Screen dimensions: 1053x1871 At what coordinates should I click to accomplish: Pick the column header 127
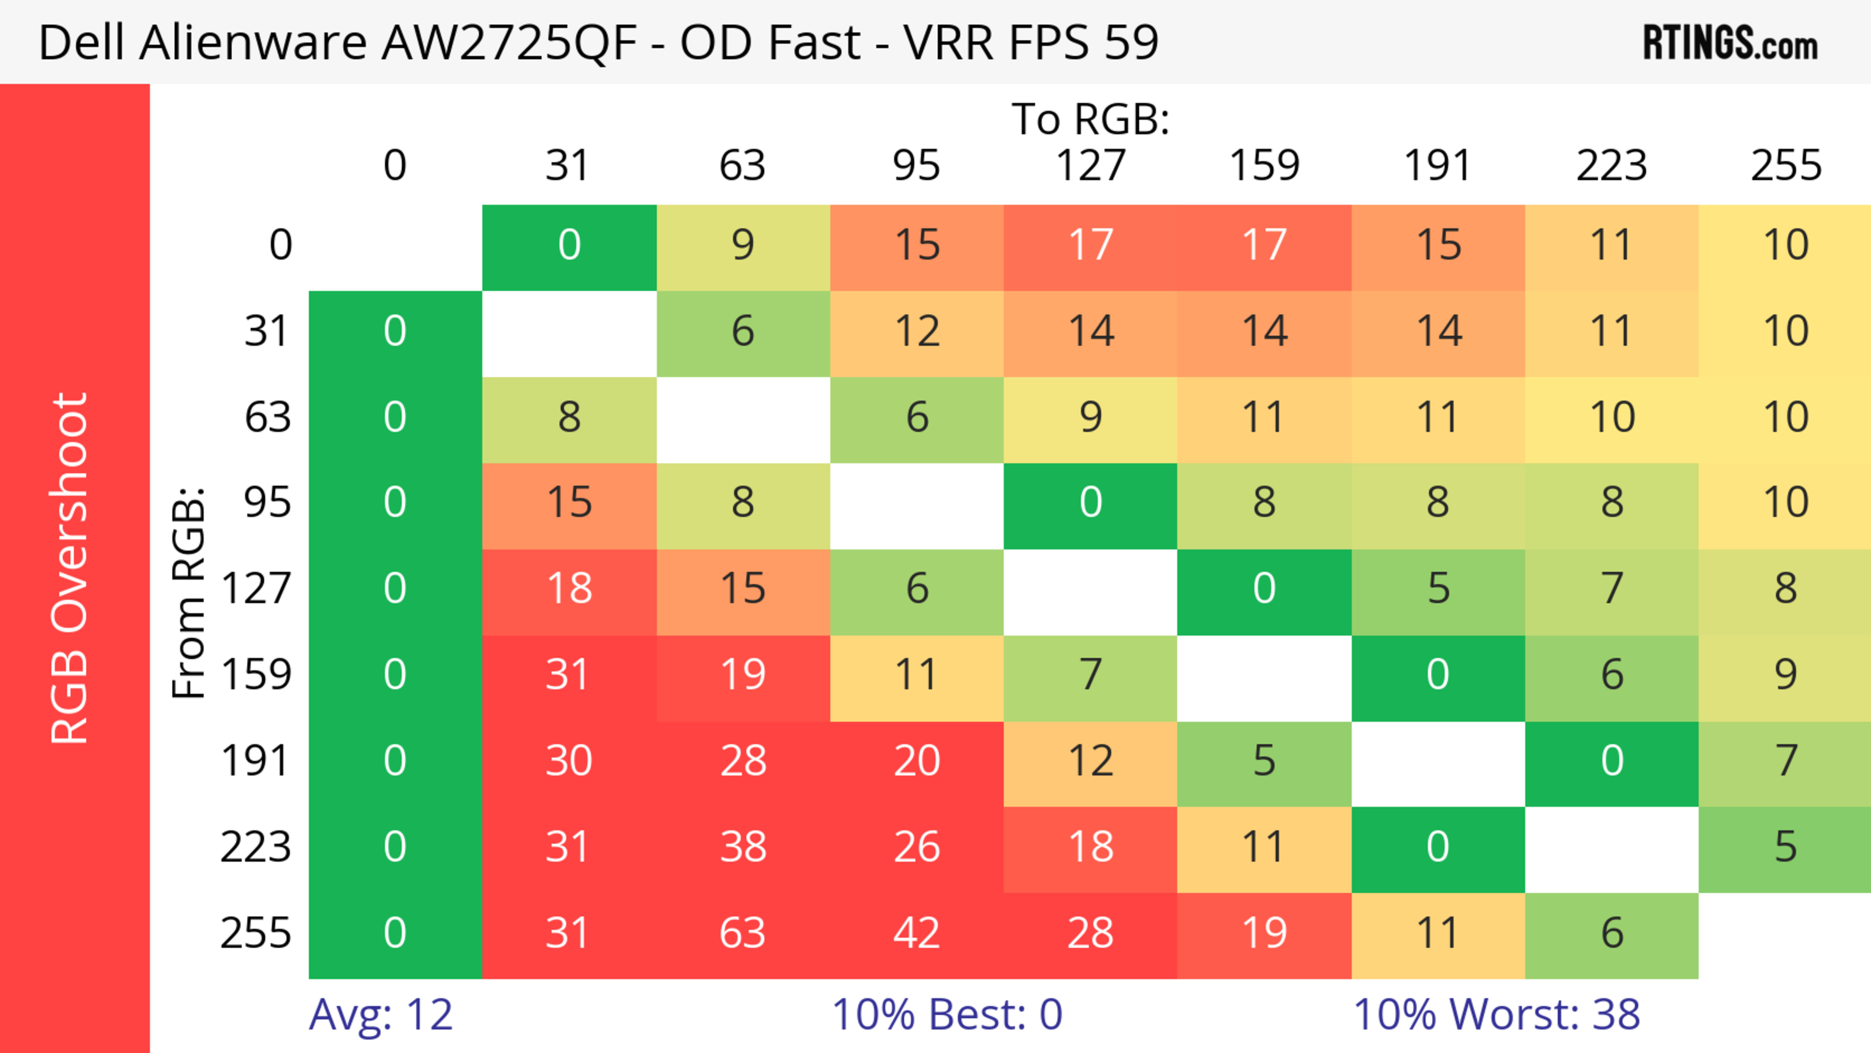(1090, 166)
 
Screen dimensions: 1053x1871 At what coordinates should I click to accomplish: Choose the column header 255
(1785, 166)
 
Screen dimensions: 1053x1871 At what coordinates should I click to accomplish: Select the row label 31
(267, 331)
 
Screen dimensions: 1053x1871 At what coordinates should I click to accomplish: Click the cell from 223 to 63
(742, 847)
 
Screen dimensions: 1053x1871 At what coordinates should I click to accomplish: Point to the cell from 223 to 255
(1785, 847)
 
